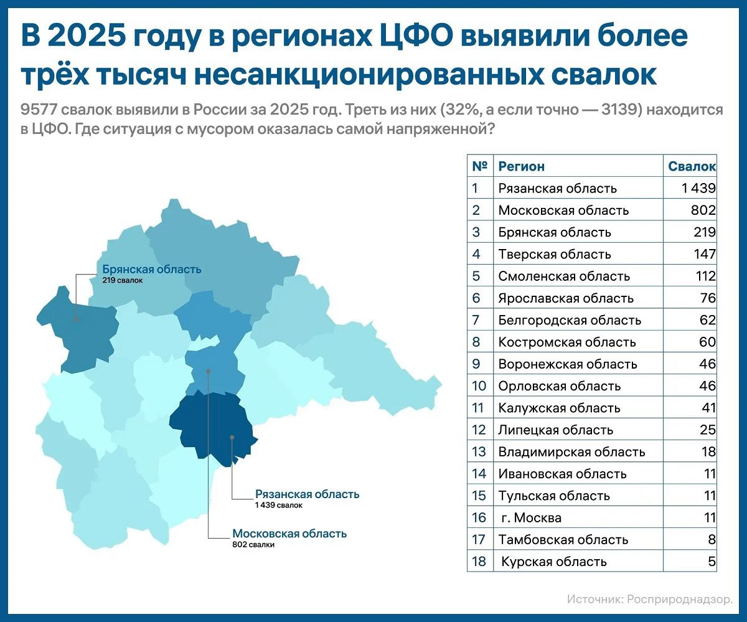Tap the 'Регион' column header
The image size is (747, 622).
[x=521, y=166]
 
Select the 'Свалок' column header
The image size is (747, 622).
[x=692, y=166]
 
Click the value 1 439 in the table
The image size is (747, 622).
[x=698, y=188]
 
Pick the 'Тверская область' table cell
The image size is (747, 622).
[x=555, y=254]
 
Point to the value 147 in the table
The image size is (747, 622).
[x=705, y=254]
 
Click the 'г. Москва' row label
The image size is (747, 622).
[x=531, y=518]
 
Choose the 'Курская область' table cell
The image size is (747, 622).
[x=553, y=562]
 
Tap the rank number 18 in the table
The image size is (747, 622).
[x=479, y=562]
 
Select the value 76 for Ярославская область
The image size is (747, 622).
[x=708, y=298]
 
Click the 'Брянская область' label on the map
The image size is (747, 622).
[x=152, y=270]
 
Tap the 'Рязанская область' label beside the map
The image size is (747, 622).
[x=307, y=494]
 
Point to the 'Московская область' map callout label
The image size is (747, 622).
[x=289, y=534]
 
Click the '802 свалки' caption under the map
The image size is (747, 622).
[x=253, y=545]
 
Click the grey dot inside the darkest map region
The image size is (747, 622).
[x=232, y=437]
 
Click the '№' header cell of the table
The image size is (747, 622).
[x=479, y=166]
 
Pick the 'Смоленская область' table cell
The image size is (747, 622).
[x=564, y=276]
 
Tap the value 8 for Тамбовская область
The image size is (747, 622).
[x=712, y=540]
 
